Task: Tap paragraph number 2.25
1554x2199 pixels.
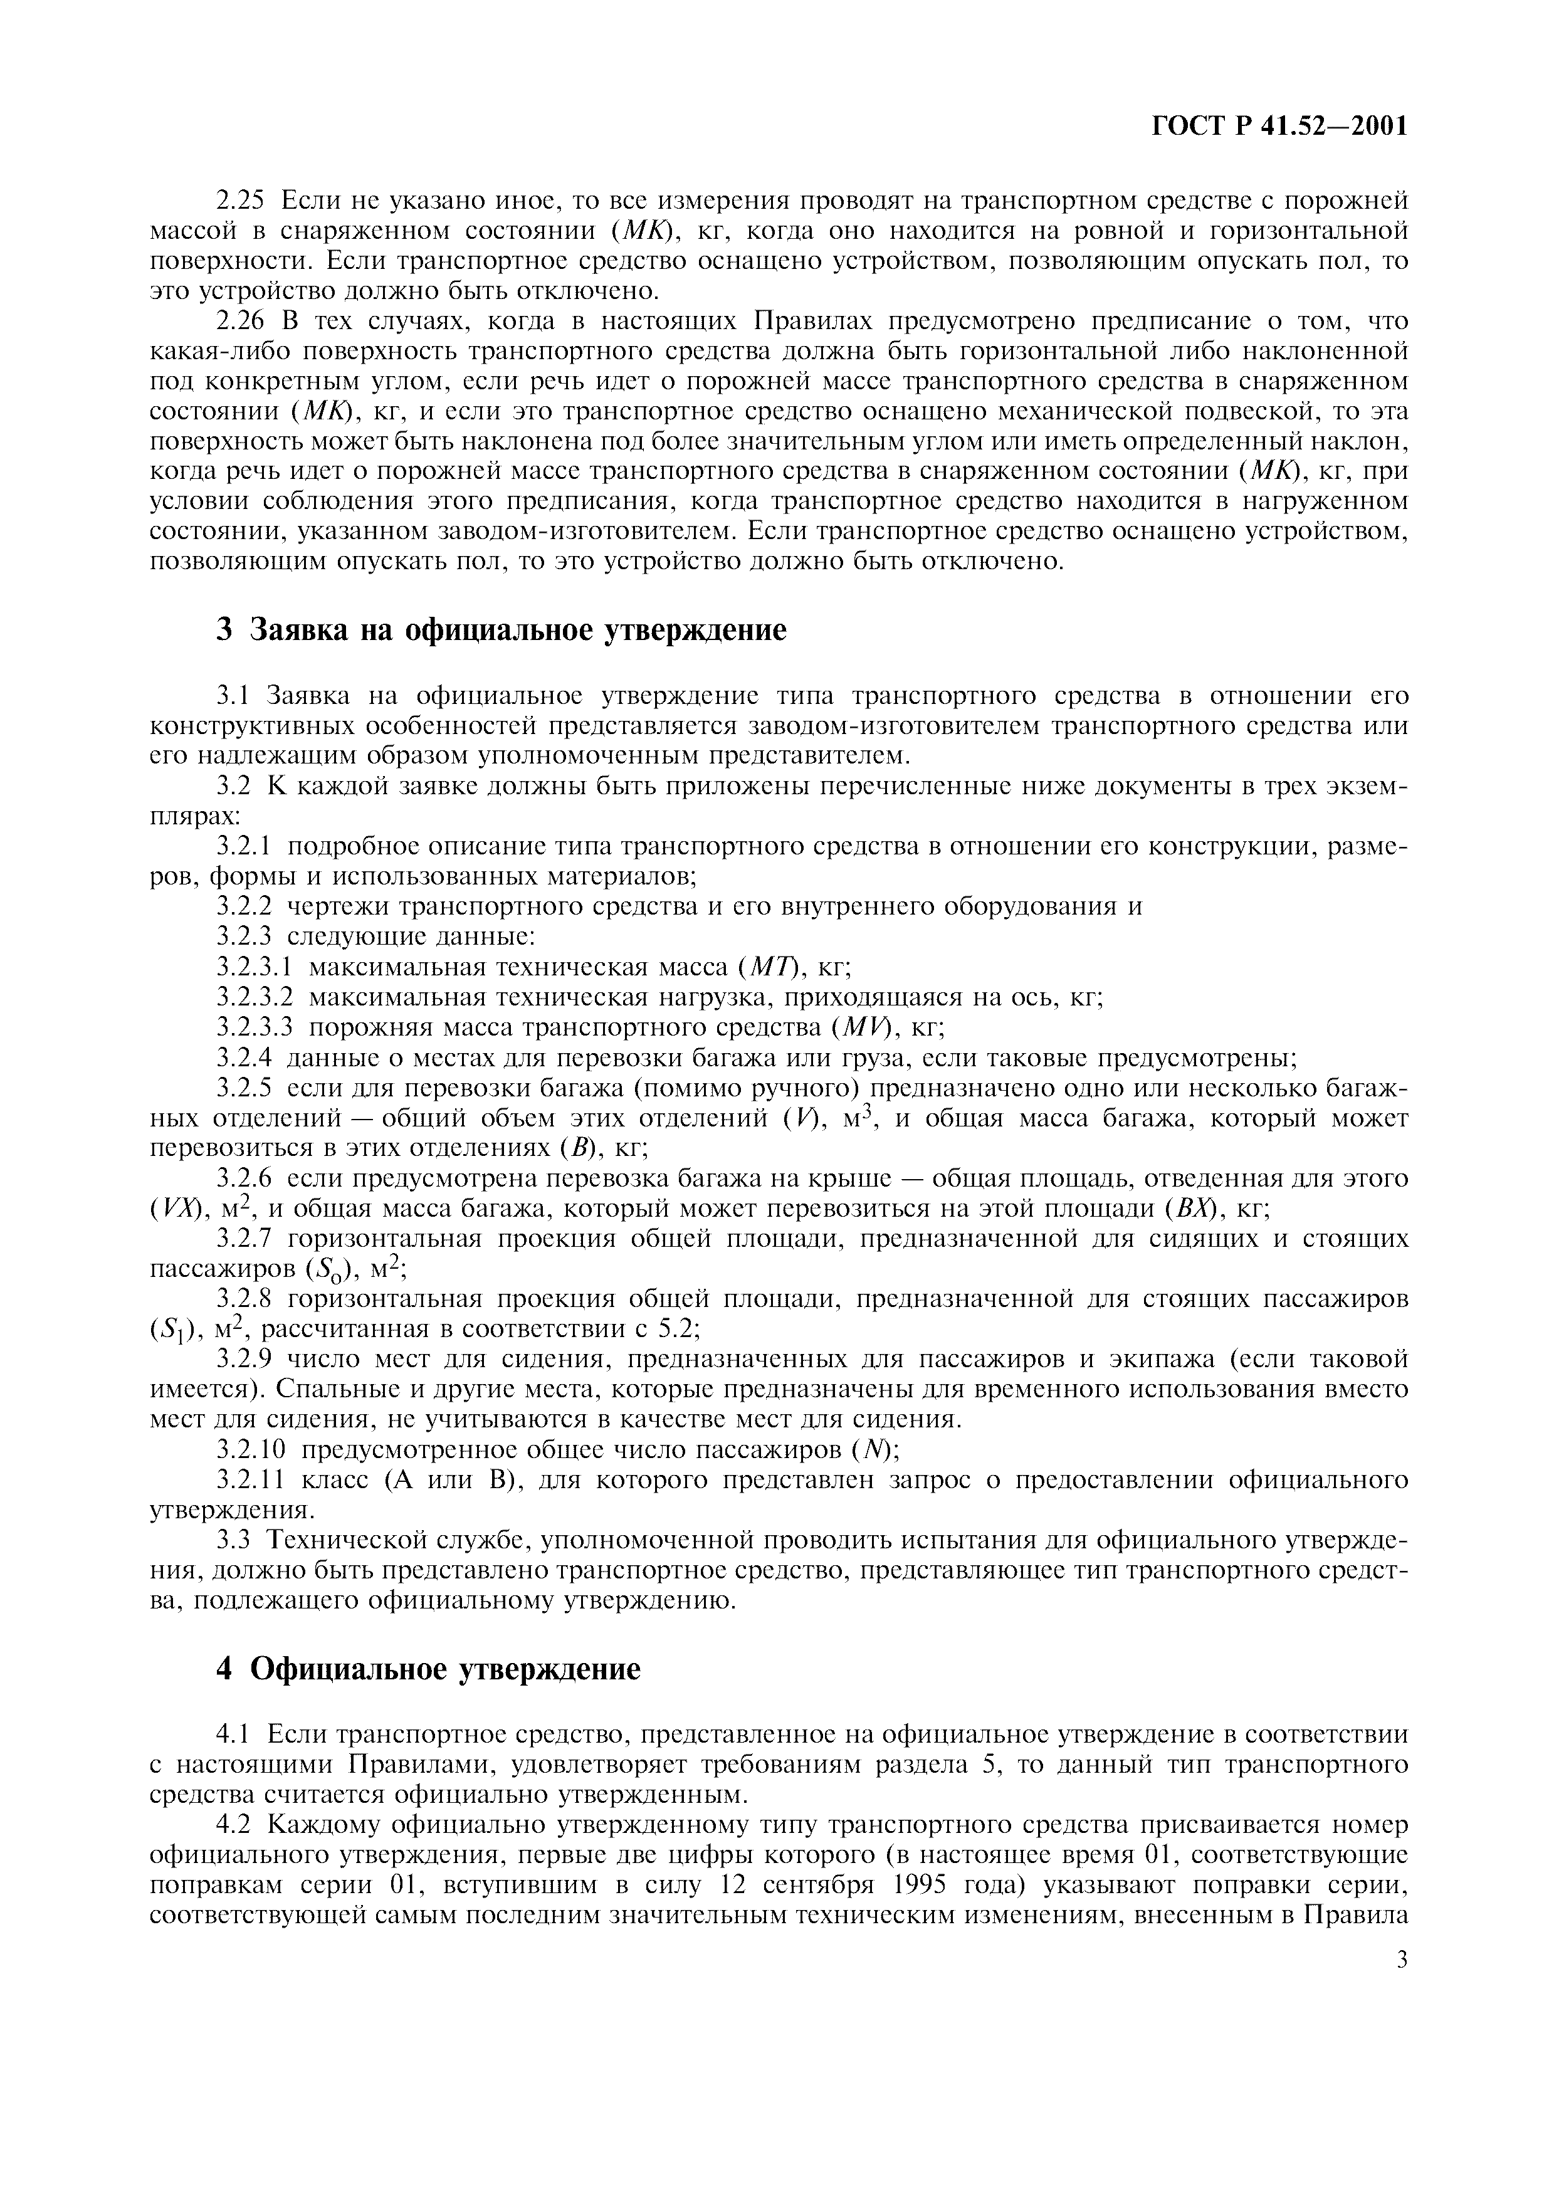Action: coord(244,201)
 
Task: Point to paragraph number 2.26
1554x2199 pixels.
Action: coord(244,321)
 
